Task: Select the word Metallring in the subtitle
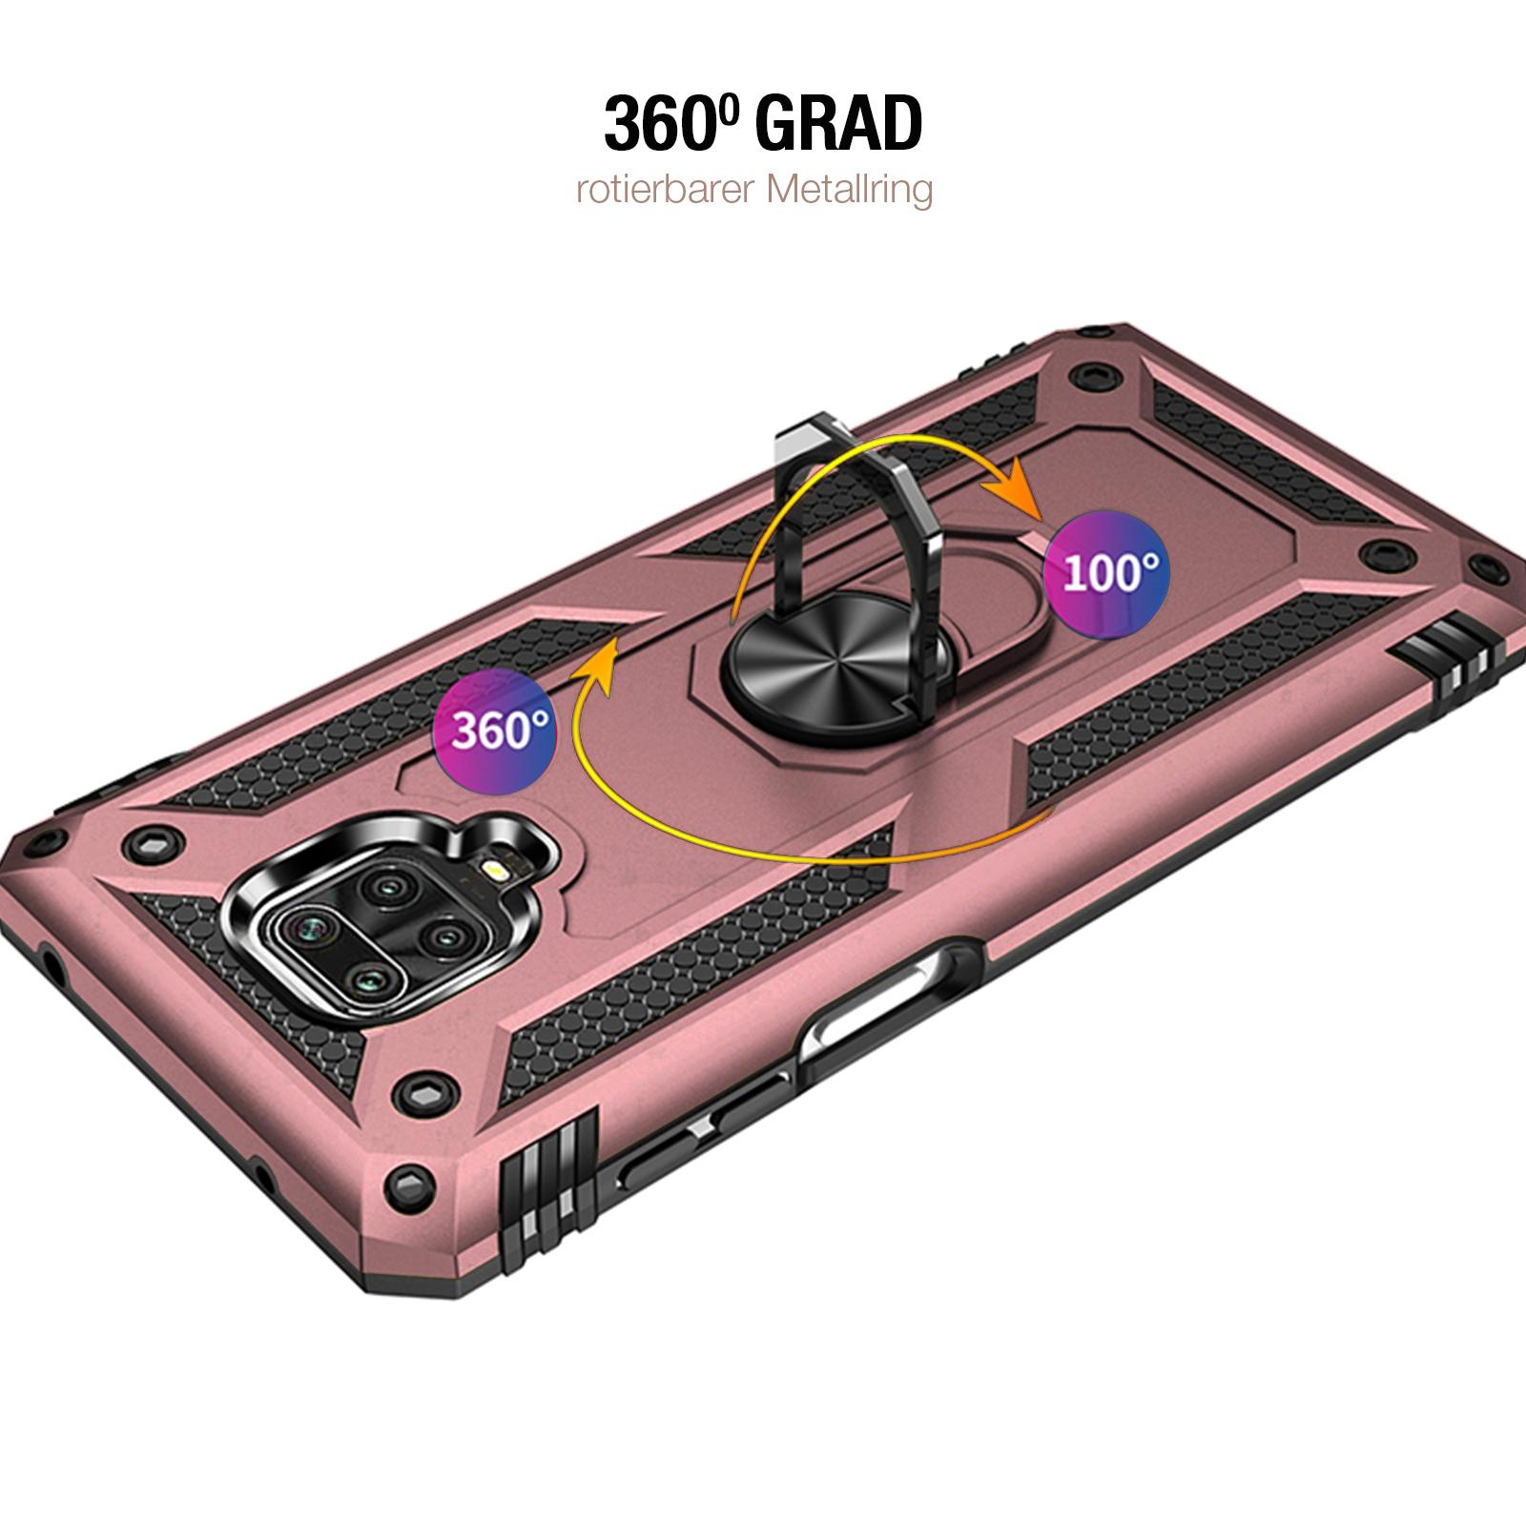coord(848,190)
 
